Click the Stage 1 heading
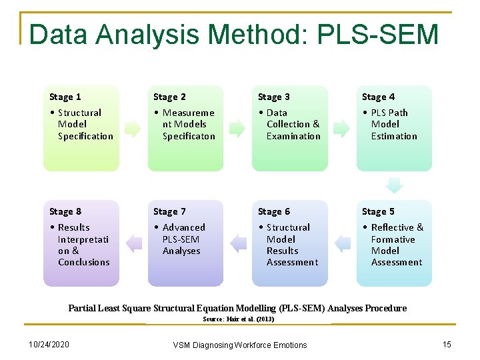(x=65, y=97)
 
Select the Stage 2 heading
(x=169, y=97)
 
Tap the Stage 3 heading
(x=274, y=97)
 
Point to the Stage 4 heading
(x=378, y=97)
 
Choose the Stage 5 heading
(x=378, y=211)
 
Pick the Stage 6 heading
(x=274, y=211)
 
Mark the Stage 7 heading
(x=169, y=211)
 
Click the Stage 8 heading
(x=65, y=211)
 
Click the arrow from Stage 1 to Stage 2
(x=133, y=128)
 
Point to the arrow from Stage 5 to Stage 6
(x=343, y=243)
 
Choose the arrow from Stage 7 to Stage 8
(x=134, y=243)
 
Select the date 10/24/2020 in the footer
(x=49, y=344)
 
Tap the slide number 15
(x=447, y=344)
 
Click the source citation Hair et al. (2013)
(x=238, y=319)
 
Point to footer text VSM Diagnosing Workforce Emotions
(x=240, y=345)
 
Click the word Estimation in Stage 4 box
(x=394, y=136)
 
